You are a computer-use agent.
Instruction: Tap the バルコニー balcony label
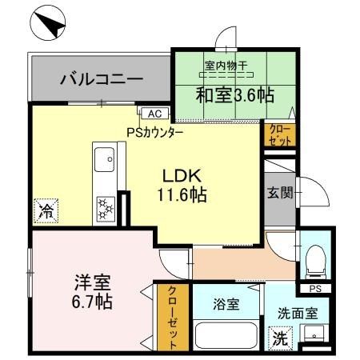point(101,79)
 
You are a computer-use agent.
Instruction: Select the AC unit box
point(154,114)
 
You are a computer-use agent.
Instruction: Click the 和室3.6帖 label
point(235,95)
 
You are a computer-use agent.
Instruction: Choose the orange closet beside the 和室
point(279,134)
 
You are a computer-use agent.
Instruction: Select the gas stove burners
point(104,208)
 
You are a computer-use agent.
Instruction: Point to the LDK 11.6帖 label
point(186,185)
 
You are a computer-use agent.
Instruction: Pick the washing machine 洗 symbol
point(281,338)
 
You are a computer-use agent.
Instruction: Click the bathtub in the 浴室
point(226,335)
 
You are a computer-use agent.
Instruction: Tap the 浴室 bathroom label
point(225,304)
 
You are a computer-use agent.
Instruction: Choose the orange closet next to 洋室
point(171,318)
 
